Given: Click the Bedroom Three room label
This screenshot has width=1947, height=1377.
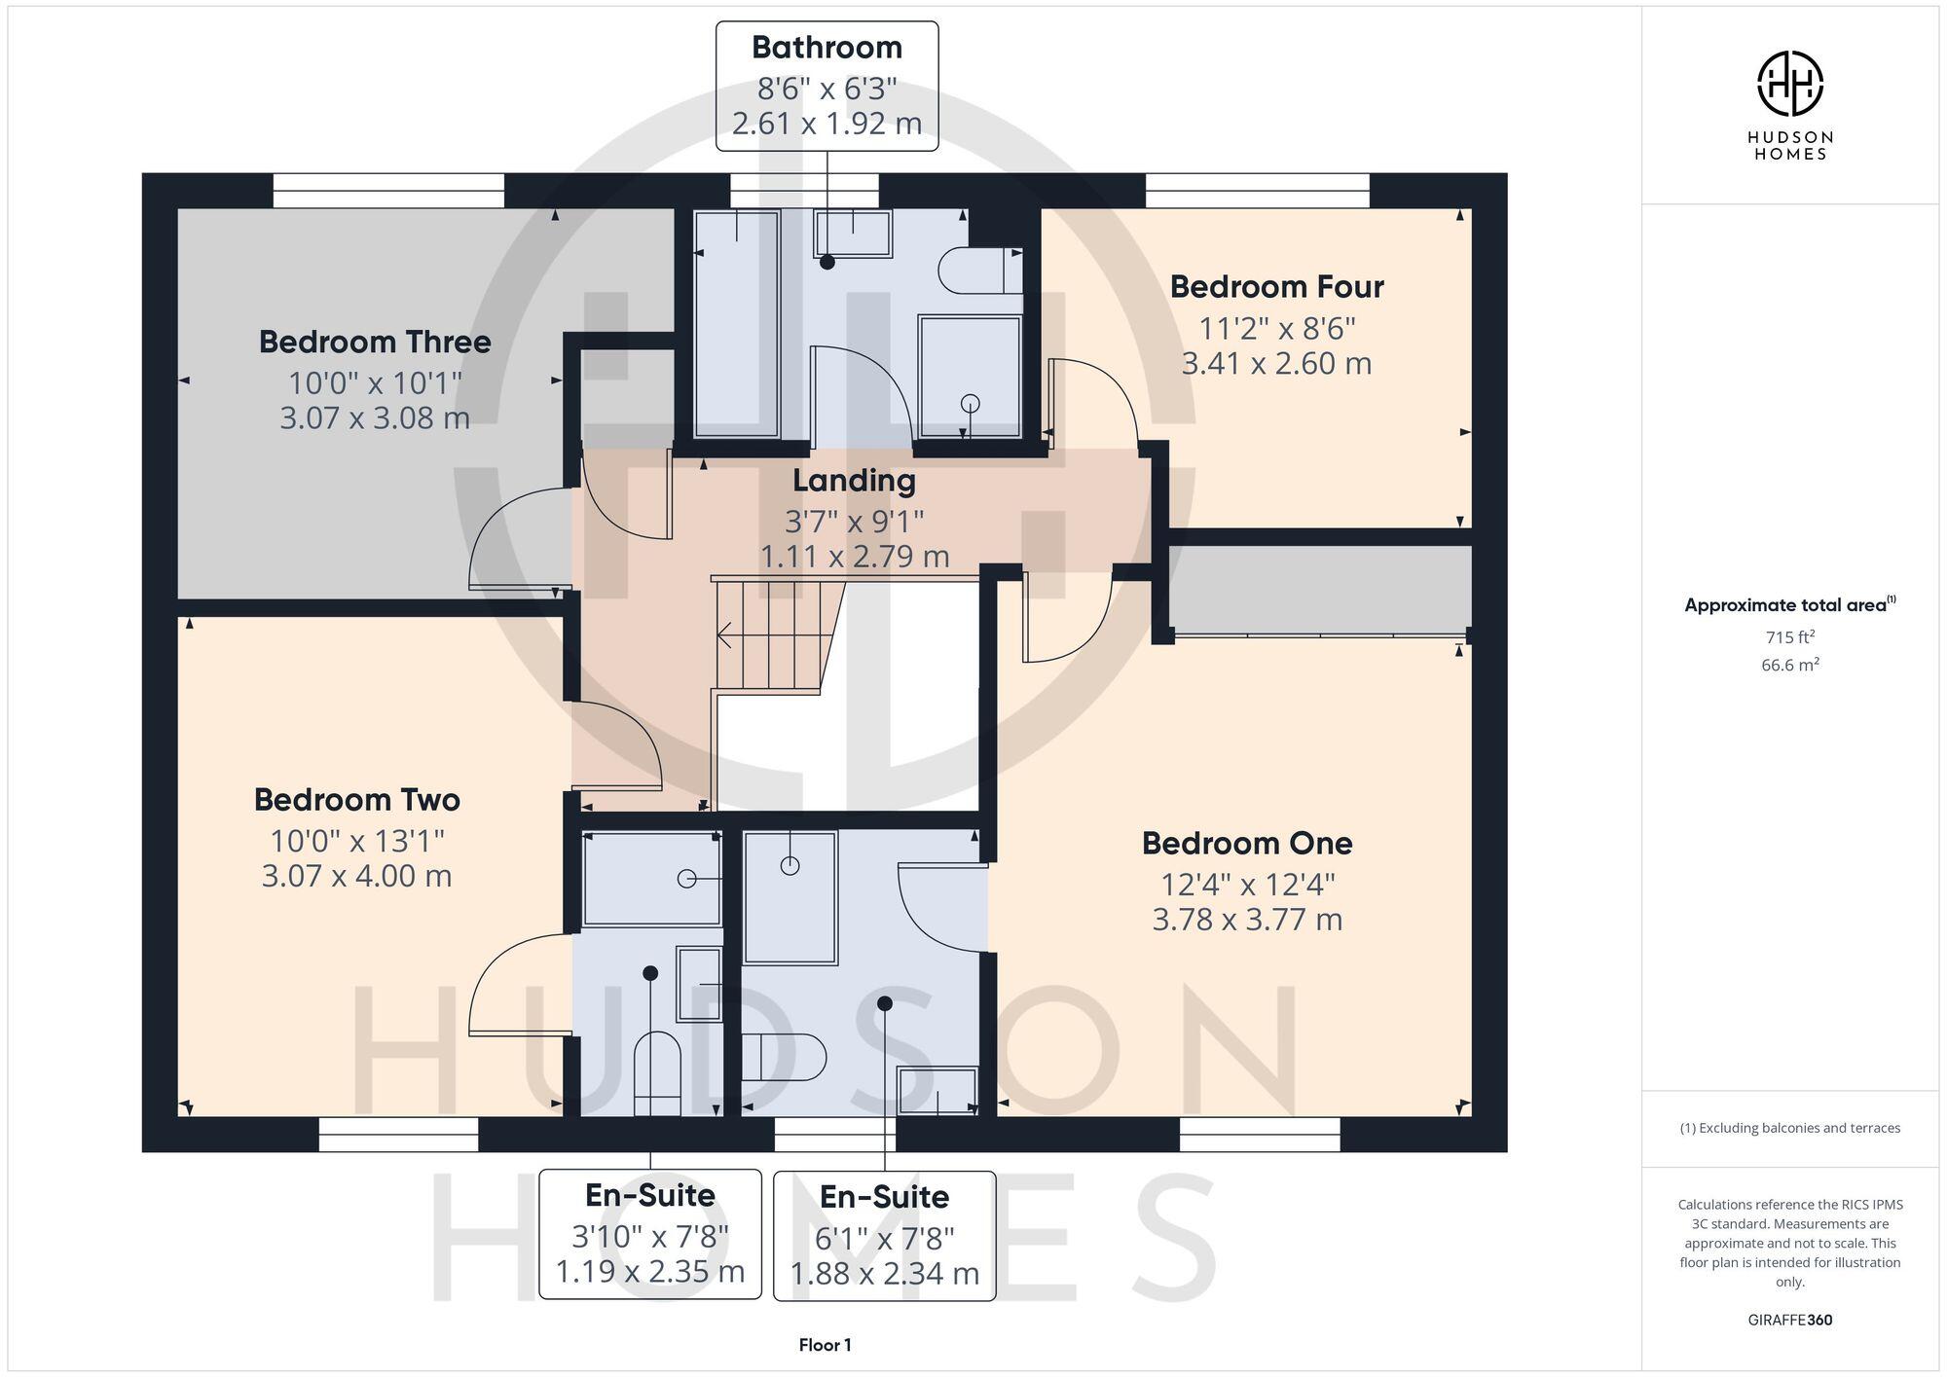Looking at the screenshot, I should [375, 342].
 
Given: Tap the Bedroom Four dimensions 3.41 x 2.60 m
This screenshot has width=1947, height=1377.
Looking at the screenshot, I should [1276, 364].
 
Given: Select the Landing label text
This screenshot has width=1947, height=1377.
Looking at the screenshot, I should [854, 481].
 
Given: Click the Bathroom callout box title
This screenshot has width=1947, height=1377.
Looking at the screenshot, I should [827, 47].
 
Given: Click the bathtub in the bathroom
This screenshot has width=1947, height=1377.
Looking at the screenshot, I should [736, 324].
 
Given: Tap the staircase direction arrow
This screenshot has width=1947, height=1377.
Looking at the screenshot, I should [725, 636].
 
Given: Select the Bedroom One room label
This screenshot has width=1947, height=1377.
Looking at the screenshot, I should [1247, 843].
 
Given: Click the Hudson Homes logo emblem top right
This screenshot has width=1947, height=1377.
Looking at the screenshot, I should [1789, 84].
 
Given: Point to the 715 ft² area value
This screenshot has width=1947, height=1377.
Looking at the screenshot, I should [1789, 637].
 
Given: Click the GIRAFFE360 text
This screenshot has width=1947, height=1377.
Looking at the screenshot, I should [1789, 1320].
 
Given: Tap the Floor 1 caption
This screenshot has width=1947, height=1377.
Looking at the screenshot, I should [825, 1345].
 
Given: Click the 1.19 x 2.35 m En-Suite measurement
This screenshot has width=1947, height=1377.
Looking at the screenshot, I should [650, 1272].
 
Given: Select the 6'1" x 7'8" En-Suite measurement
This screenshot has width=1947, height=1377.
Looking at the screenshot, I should [884, 1238].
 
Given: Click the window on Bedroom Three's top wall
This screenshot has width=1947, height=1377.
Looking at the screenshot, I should [388, 191].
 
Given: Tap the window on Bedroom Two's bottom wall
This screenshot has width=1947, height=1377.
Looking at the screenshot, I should [399, 1135].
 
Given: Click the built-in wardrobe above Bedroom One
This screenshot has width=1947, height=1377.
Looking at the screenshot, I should [1320, 591].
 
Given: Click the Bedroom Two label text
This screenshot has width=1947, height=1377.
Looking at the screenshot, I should [356, 800].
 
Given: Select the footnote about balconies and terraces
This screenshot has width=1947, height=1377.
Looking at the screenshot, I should [1789, 1128].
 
